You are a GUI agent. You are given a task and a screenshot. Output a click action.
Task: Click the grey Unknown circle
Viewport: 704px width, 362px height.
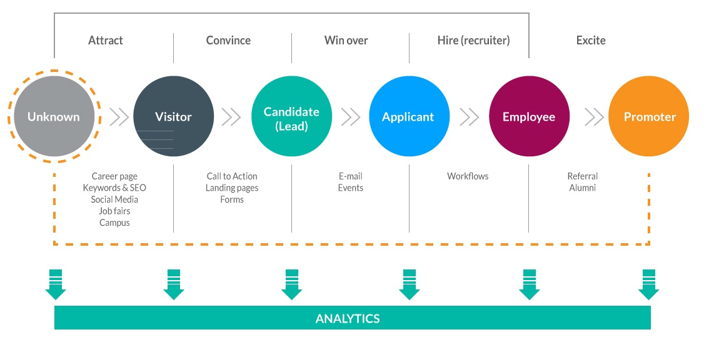pos(54,116)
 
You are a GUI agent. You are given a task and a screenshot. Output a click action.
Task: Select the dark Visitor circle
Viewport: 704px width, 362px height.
pos(173,116)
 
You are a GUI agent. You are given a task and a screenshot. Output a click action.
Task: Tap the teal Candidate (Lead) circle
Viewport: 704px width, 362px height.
pos(291,116)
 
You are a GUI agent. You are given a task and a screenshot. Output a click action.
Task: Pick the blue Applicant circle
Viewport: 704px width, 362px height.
pos(409,116)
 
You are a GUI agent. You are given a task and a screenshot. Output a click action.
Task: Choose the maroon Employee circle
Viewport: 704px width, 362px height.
pos(529,116)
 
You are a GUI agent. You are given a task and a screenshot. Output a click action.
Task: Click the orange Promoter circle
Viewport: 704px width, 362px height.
pos(648,116)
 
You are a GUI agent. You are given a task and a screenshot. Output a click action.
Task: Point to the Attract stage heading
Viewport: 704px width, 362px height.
pos(106,41)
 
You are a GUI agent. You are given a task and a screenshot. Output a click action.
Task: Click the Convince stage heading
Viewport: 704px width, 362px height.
pos(228,41)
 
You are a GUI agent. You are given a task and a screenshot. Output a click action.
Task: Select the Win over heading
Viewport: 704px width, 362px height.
pos(346,41)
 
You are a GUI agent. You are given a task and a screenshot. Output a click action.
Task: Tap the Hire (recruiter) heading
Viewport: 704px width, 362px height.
pos(474,41)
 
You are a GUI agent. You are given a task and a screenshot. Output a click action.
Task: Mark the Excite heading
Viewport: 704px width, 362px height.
pos(591,41)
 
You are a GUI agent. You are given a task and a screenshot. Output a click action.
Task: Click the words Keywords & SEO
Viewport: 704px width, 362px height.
pos(114,188)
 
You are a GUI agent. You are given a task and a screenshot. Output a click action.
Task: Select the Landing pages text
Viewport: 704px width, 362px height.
pos(232,188)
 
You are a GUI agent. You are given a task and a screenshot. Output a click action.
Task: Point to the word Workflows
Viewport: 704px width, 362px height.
pos(468,176)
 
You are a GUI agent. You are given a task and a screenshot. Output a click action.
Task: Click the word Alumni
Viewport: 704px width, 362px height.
pos(582,188)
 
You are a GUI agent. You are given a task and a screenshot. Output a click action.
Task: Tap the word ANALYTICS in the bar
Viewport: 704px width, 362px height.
pos(348,319)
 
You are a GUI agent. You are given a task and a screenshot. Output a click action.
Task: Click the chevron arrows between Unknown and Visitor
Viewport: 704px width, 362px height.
pos(119,117)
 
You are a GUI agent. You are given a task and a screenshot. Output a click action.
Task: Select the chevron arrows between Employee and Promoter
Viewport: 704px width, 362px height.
pos(594,117)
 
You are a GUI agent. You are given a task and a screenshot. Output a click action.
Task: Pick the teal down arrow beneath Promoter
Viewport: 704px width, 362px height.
pos(649,284)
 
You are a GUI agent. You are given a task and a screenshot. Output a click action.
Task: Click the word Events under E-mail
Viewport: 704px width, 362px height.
pos(351,188)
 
